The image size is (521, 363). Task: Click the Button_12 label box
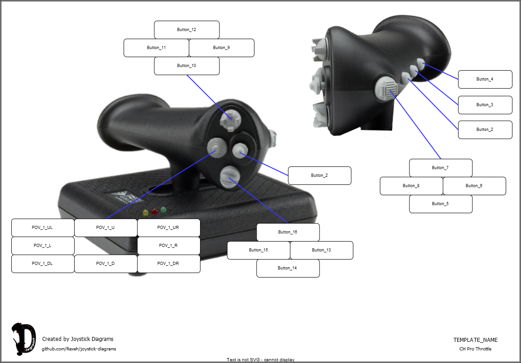click(x=187, y=30)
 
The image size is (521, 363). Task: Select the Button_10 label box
click(x=187, y=66)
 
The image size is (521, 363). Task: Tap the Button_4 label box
click(x=485, y=79)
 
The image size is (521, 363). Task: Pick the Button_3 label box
click(x=485, y=105)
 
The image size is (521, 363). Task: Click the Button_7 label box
click(x=441, y=168)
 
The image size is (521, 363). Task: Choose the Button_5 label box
click(x=441, y=204)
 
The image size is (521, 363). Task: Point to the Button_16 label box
click(x=288, y=232)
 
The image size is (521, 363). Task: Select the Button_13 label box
click(x=321, y=250)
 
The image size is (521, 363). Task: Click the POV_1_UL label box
click(x=43, y=228)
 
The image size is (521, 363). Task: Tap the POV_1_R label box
click(x=169, y=246)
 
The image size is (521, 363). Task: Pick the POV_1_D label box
click(x=106, y=264)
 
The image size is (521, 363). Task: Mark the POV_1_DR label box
click(x=169, y=264)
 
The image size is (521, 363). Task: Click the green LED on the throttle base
click(x=163, y=210)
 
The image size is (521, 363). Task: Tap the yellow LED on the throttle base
click(x=145, y=212)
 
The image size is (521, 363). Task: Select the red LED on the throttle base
click(x=154, y=211)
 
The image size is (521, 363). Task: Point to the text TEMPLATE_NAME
click(x=475, y=340)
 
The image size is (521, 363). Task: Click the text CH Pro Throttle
click(x=475, y=349)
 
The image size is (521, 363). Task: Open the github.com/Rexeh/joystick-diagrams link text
click(x=79, y=349)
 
